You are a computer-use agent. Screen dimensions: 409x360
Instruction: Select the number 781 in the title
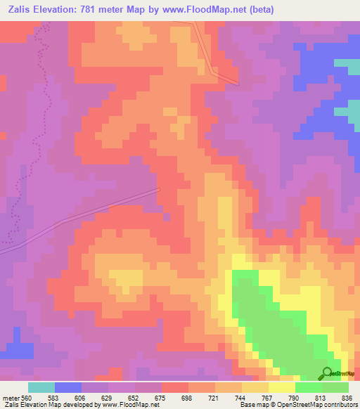click(98, 10)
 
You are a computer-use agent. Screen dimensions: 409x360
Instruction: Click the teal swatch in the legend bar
click(41, 387)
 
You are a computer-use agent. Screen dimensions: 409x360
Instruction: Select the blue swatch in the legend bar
click(68, 387)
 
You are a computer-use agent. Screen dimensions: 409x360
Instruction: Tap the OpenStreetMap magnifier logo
click(327, 373)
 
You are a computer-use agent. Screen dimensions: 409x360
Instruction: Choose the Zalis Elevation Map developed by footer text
click(49, 405)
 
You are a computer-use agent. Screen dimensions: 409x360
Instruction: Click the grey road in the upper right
click(211, 56)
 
